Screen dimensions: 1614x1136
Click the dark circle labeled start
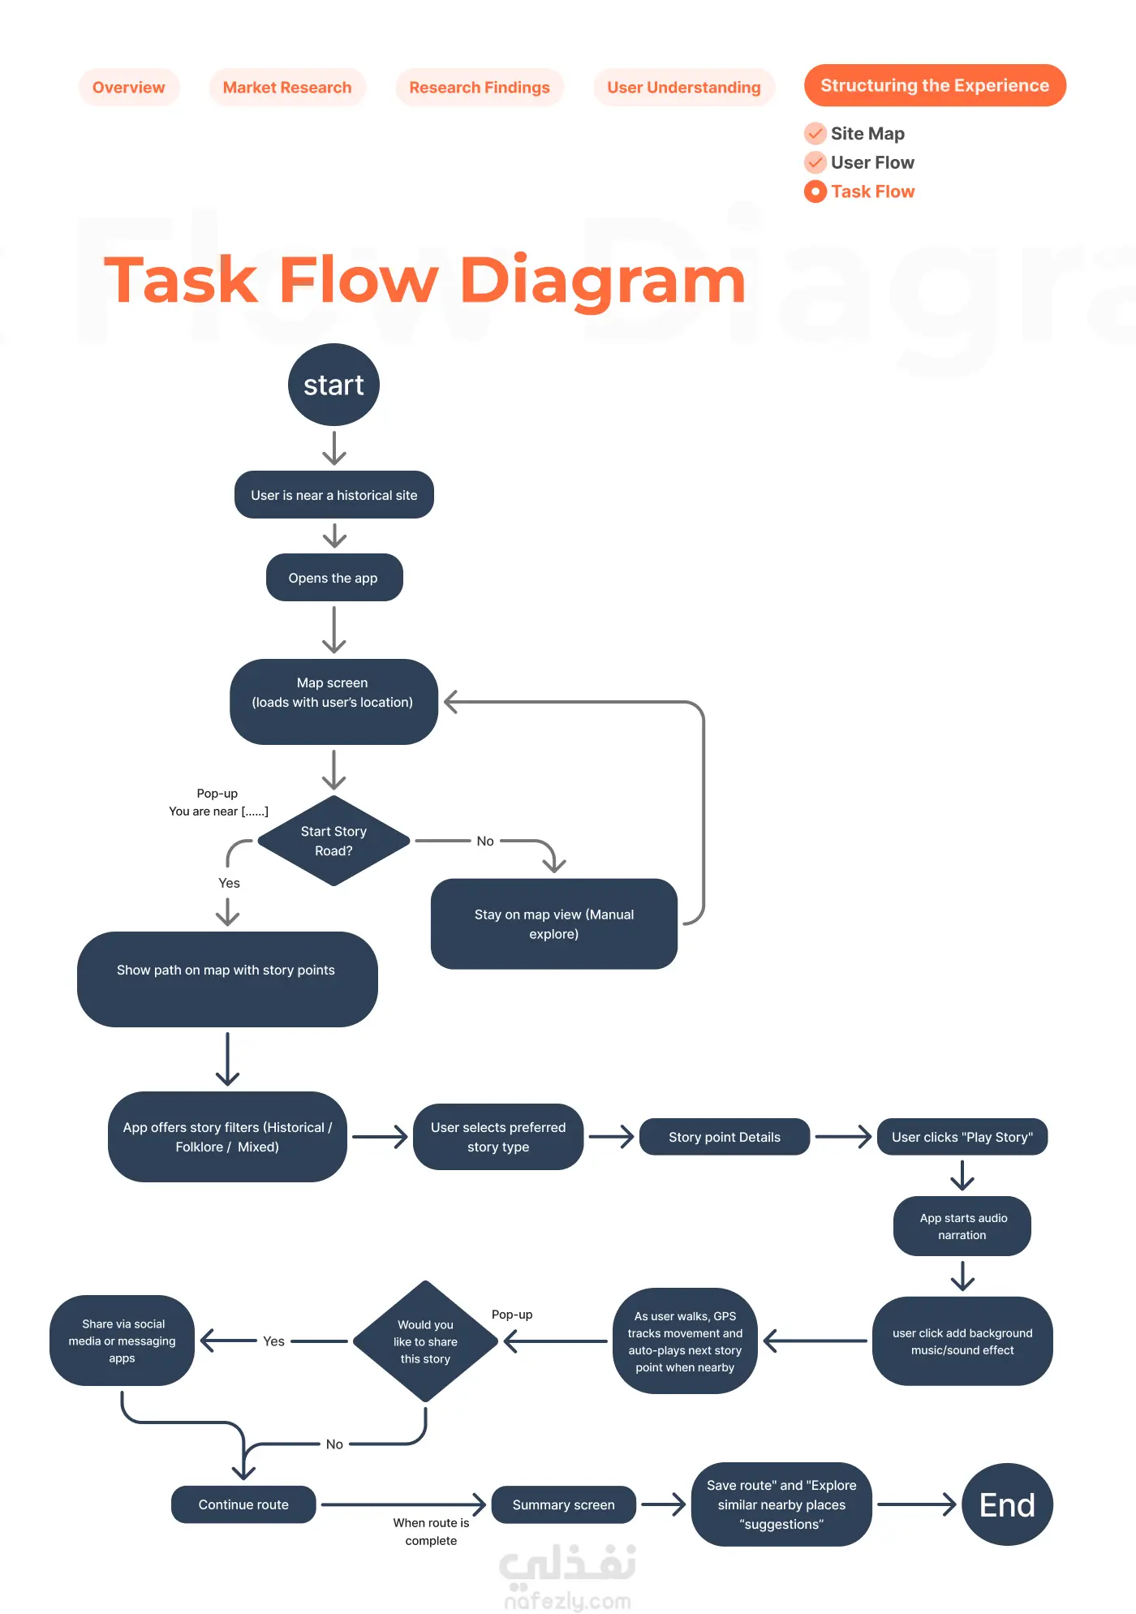click(x=333, y=385)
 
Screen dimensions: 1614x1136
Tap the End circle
click(x=1007, y=1504)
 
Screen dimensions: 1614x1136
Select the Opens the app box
click(x=333, y=578)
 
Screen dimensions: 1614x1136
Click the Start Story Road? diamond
click(x=333, y=841)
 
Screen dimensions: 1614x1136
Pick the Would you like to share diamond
click(x=425, y=1341)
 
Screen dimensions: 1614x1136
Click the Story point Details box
click(x=724, y=1137)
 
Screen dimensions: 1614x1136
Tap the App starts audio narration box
click(x=962, y=1226)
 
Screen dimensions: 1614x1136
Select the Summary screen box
click(x=563, y=1504)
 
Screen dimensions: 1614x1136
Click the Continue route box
click(x=243, y=1504)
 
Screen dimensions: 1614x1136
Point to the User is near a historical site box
click(x=333, y=495)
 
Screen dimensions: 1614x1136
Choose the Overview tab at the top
click(x=128, y=88)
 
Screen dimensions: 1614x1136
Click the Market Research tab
click(x=287, y=88)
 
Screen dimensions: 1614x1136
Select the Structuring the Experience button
click(x=935, y=85)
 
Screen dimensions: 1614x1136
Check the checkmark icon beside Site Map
click(x=815, y=133)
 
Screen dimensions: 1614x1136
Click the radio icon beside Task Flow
click(x=815, y=192)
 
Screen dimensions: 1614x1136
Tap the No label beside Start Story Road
click(x=485, y=841)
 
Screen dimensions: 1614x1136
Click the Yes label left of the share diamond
click(x=273, y=1341)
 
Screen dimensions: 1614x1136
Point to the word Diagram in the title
click(x=602, y=281)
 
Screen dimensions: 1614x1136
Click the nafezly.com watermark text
click(x=567, y=1601)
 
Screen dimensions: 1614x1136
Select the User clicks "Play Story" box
click(x=962, y=1137)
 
